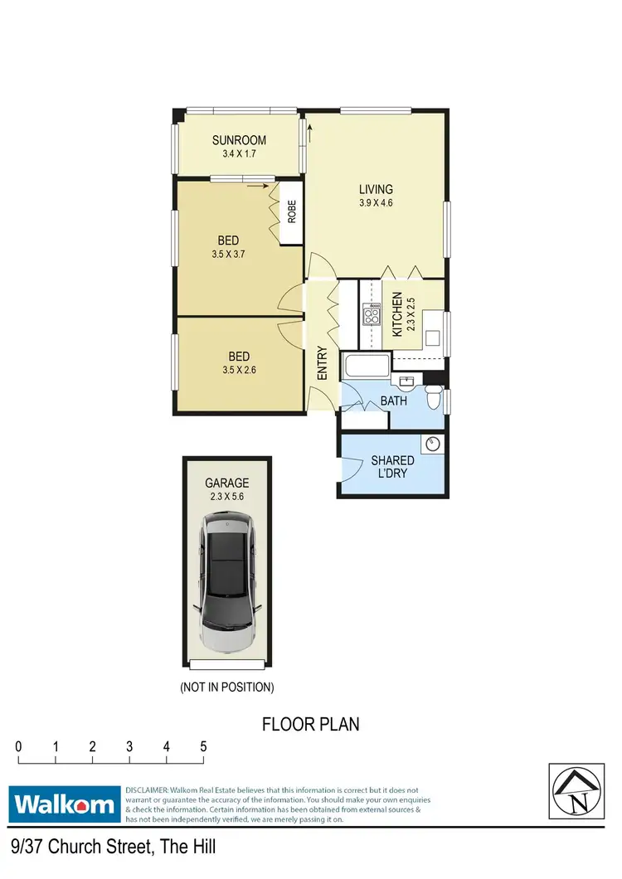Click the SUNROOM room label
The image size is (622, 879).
pos(239,140)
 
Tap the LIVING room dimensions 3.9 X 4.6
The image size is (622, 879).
pos(375,203)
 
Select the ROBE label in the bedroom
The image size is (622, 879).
pos(292,213)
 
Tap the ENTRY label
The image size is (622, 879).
pos(323,364)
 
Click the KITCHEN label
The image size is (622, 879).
pos(397,313)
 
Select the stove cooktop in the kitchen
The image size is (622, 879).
pos(370,316)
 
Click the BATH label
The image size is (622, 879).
pos(393,401)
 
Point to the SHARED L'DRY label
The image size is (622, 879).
pos(393,467)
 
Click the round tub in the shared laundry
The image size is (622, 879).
pos(431,444)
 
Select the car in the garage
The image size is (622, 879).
pos(226,582)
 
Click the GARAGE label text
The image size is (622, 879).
pos(226,483)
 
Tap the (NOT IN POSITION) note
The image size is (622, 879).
pos(226,687)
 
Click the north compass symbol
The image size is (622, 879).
pos(575,789)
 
